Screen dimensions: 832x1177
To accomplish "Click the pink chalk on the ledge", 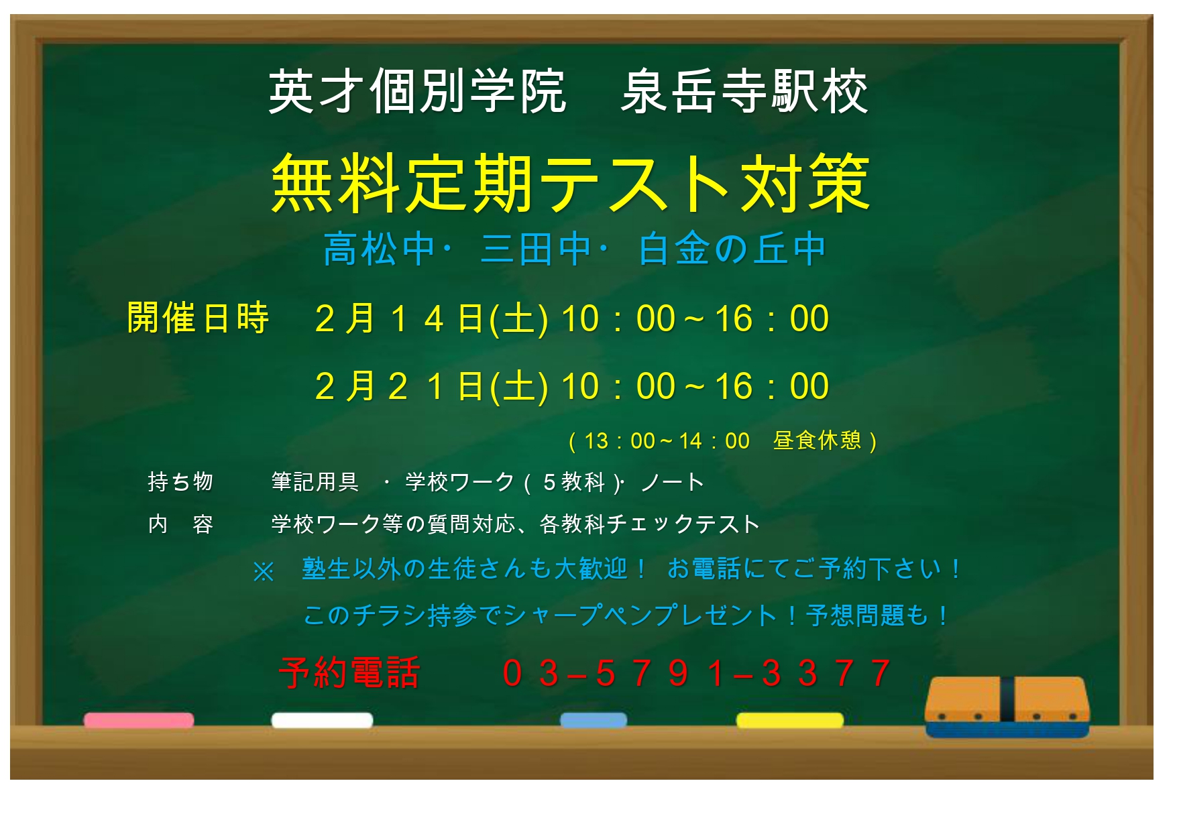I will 139,721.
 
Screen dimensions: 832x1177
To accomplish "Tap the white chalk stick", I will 322,721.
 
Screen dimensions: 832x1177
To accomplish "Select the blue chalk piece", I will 594,721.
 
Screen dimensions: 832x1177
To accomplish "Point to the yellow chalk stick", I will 789,721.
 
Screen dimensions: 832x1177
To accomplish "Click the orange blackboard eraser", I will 1007,707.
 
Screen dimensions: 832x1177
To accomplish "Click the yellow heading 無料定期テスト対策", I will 571,183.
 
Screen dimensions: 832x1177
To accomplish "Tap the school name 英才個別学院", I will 417,92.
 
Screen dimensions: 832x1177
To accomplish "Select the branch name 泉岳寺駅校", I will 744,92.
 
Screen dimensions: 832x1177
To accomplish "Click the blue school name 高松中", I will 380,249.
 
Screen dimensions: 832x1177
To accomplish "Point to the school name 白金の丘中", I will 732,249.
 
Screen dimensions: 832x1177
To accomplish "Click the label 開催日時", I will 198,318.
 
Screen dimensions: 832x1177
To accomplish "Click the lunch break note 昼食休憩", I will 817,440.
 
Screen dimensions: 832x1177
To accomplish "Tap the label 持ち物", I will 180,481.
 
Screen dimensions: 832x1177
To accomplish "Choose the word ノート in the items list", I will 672,482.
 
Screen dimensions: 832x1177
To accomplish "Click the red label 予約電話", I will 349,672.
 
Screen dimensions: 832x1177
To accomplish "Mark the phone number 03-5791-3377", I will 696,673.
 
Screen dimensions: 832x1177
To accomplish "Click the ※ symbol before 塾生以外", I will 264,572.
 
